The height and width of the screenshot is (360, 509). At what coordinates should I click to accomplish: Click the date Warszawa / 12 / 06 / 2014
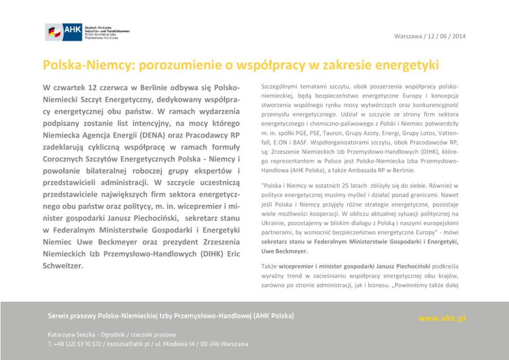(430, 36)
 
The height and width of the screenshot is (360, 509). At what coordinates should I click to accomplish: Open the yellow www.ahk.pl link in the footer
(442, 318)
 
